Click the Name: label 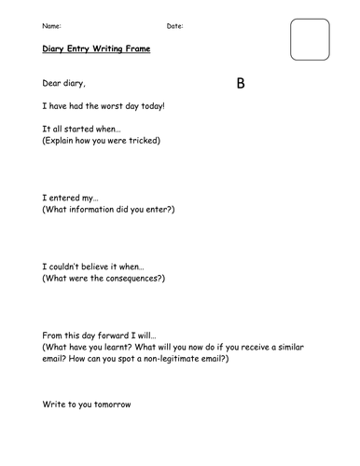[53, 25]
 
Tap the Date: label [174, 25]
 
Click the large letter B [241, 84]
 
